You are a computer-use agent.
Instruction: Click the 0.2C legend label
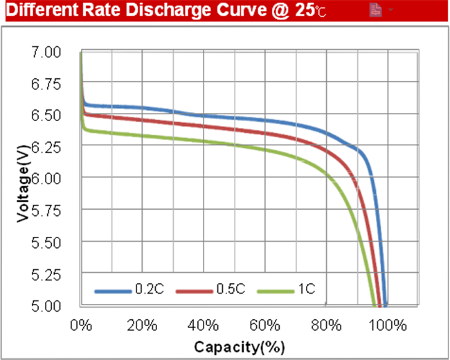coord(149,289)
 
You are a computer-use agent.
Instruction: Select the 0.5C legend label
coord(232,289)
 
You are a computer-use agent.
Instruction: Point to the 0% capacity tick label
coord(82,326)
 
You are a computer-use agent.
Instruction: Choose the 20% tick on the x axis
coord(142,326)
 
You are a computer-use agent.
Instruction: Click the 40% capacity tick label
coord(203,326)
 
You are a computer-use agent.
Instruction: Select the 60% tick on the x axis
coord(264,326)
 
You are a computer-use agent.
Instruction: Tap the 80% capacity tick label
coord(325,326)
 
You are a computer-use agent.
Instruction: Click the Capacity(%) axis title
coord(239,346)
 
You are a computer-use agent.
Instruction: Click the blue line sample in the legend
coord(112,290)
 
